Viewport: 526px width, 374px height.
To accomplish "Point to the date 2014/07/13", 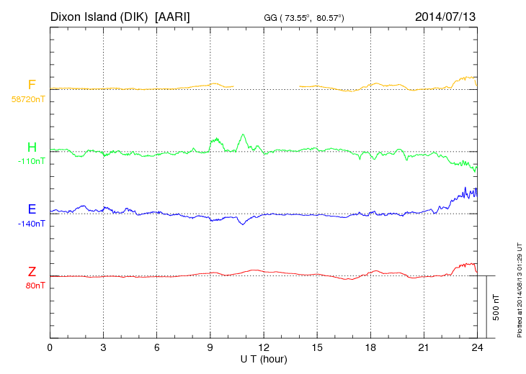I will point(445,16).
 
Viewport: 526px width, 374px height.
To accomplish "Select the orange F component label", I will point(32,85).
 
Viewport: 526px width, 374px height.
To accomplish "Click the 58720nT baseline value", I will point(27,99).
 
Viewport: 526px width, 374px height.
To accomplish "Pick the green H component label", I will point(32,147).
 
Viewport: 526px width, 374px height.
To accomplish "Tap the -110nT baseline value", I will point(31,161).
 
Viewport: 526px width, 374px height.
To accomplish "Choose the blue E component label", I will point(32,209).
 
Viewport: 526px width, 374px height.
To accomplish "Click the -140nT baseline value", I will point(31,224).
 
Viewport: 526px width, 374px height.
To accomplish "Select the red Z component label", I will point(32,272).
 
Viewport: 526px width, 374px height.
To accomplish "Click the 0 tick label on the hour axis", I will point(50,347).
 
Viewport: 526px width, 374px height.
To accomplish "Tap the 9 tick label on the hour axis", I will point(210,347).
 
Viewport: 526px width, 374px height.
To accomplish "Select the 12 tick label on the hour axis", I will point(264,347).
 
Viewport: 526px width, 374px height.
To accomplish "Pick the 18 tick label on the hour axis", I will point(370,347).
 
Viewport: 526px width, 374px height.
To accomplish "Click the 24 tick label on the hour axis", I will point(477,347).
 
